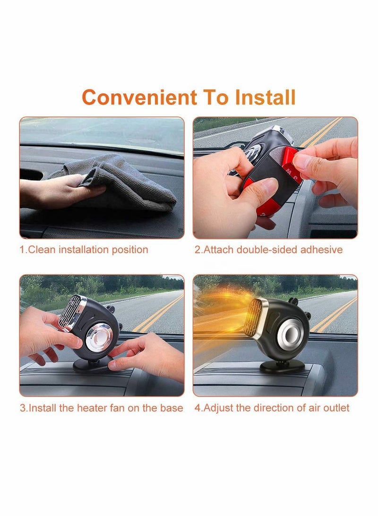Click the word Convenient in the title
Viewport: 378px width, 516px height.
pos(139,97)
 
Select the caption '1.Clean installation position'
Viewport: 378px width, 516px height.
pos(84,250)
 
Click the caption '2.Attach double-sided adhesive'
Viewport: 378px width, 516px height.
pos(268,250)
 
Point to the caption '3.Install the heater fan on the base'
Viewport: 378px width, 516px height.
pos(101,408)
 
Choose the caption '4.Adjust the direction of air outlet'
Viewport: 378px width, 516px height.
pos(272,408)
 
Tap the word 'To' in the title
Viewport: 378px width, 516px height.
pos(215,97)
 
